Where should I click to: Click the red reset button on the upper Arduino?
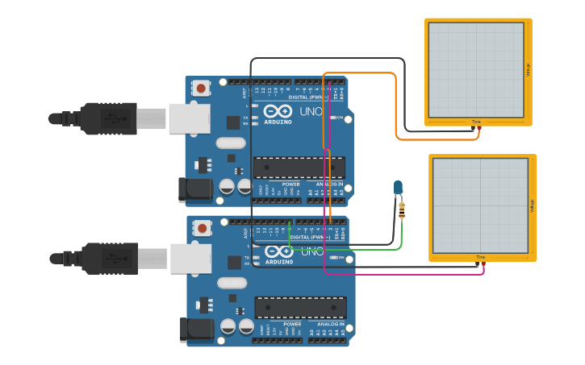pyautogui.click(x=199, y=87)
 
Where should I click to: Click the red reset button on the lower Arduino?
pyautogui.click(x=200, y=228)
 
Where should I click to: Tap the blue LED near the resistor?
pyautogui.click(x=398, y=188)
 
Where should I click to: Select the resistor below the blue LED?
pyautogui.click(x=402, y=211)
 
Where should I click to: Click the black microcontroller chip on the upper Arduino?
pyautogui.click(x=299, y=168)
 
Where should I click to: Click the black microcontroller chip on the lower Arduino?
pyautogui.click(x=300, y=307)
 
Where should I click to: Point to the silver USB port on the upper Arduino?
pyautogui.click(x=189, y=118)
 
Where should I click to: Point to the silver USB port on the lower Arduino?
pyautogui.click(x=190, y=259)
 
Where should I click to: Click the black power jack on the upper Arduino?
pyautogui.click(x=194, y=189)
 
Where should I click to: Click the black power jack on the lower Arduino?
pyautogui.click(x=196, y=330)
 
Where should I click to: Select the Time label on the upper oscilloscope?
pyautogui.click(x=477, y=122)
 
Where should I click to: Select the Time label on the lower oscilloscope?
pyautogui.click(x=481, y=257)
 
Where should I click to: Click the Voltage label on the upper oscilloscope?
pyautogui.click(x=529, y=70)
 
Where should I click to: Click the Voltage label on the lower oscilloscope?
pyautogui.click(x=533, y=206)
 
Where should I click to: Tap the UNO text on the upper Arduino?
pyautogui.click(x=311, y=112)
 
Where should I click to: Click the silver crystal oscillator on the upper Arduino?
pyautogui.click(x=230, y=143)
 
